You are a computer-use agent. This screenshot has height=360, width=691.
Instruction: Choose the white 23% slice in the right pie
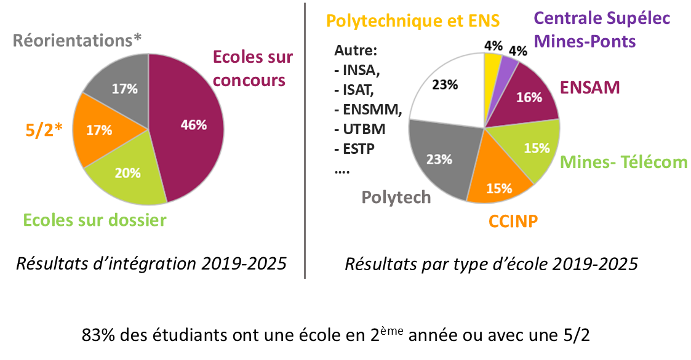(446, 86)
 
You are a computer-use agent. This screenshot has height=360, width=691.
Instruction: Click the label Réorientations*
(77, 41)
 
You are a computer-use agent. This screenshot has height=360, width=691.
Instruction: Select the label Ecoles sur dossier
(95, 220)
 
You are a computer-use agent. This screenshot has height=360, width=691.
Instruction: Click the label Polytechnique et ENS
(412, 20)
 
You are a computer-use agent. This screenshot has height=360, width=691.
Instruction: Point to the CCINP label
(514, 220)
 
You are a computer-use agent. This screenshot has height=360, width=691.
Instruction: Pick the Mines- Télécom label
(624, 162)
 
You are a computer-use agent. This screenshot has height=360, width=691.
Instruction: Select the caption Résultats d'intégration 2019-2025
(151, 264)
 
